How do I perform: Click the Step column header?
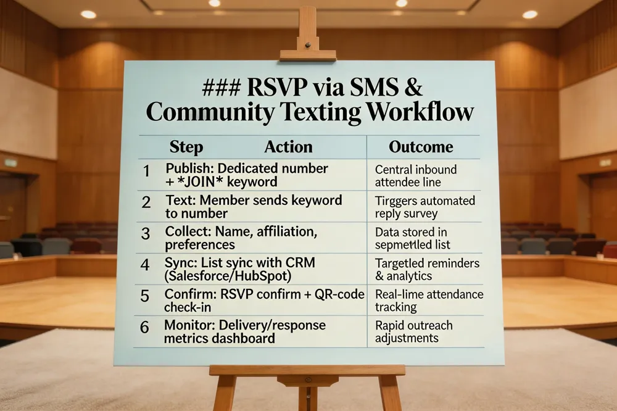pyautogui.click(x=186, y=147)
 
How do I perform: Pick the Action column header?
pyautogui.click(x=288, y=147)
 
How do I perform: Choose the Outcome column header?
pyautogui.click(x=421, y=147)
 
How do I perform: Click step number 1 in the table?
pyautogui.click(x=146, y=172)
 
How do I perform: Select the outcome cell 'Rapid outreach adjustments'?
pyautogui.click(x=413, y=331)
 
